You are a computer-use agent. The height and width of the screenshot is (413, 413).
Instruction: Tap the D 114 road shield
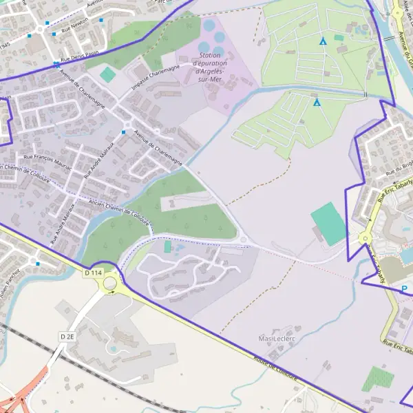pos(93,273)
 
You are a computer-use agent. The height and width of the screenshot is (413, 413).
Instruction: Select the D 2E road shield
pos(67,336)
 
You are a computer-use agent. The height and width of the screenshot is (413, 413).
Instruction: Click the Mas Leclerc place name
pos(276,339)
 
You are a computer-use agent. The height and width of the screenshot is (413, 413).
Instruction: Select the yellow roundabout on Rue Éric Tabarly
pos(364,238)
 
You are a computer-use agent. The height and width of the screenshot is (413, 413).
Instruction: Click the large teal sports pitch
pos(328,223)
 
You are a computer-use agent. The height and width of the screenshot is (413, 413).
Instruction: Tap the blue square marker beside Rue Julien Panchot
pos(37,263)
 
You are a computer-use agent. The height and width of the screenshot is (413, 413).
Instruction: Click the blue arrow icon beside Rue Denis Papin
pos(55,64)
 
